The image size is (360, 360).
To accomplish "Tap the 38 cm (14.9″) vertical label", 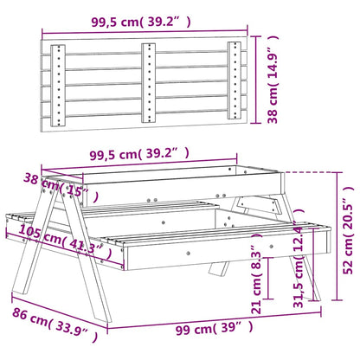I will pos(273,80).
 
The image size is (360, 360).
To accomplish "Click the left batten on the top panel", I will pos(57,81).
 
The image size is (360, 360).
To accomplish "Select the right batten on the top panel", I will pos(235,81).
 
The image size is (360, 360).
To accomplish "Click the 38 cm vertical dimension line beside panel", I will pos(262,80).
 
